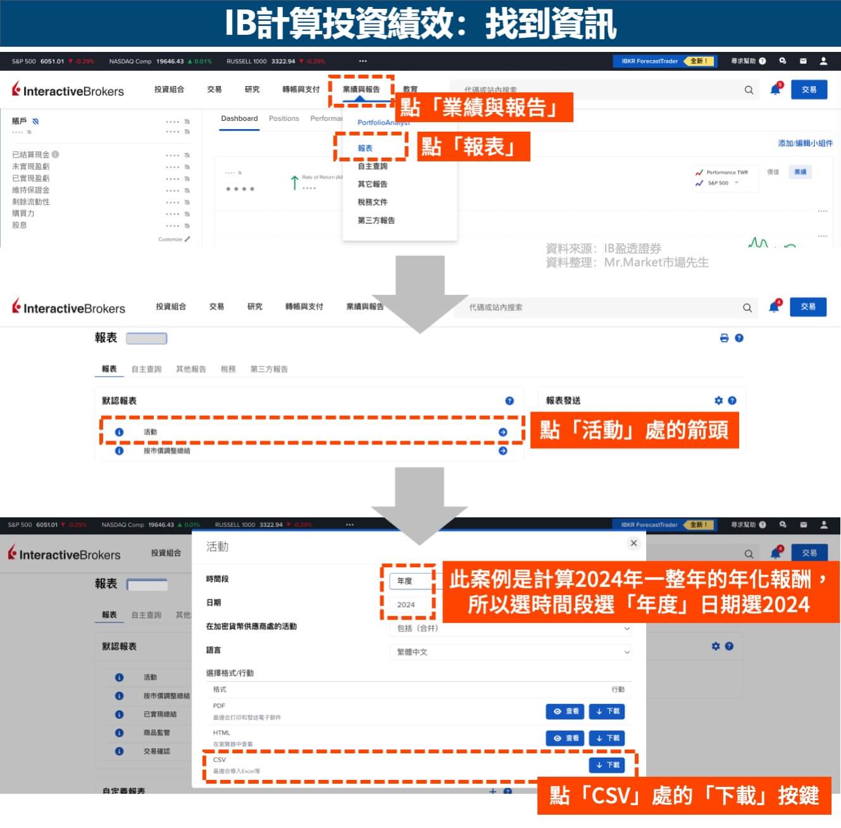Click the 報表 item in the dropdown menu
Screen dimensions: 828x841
365,148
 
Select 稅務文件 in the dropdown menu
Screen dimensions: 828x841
372,203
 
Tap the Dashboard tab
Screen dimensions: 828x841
239,119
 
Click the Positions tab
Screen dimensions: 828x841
283,119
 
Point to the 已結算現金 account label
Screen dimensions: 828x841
31,154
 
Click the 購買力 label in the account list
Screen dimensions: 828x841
23,213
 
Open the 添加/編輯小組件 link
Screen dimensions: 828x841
805,143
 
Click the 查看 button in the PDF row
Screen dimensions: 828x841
565,712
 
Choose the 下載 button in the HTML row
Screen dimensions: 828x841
606,738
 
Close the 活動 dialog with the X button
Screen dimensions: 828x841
633,543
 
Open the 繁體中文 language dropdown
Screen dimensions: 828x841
510,652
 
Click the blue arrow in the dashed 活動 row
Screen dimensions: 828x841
502,432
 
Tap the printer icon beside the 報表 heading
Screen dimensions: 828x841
724,338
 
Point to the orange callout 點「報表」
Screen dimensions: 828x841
473,147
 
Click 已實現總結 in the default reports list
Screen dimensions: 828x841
160,714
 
